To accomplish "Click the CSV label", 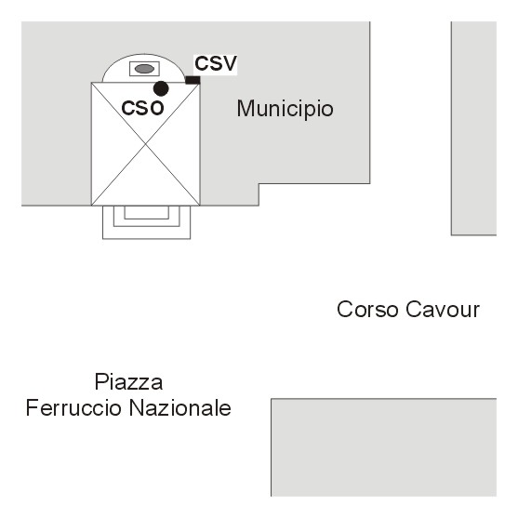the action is pyautogui.click(x=216, y=63).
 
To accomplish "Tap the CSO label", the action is pyautogui.click(x=142, y=108).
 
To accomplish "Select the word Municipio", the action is pyautogui.click(x=286, y=109).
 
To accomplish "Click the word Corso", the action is pyautogui.click(x=367, y=310).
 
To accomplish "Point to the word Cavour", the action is pyautogui.click(x=443, y=310).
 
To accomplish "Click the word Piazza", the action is pyautogui.click(x=128, y=382).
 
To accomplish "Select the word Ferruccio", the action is pyautogui.click(x=73, y=408).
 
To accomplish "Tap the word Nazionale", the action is pyautogui.click(x=180, y=408).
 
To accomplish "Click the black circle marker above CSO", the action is pyautogui.click(x=161, y=88).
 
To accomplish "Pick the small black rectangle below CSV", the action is pyautogui.click(x=193, y=80).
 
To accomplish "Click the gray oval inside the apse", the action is pyautogui.click(x=144, y=69).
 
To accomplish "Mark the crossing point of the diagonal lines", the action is pyautogui.click(x=146, y=144).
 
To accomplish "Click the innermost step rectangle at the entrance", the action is pyautogui.click(x=147, y=212).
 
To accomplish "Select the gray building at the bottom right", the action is pyautogui.click(x=383, y=447).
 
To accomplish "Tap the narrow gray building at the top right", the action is pyautogui.click(x=473, y=128).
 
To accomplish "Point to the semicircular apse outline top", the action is pyautogui.click(x=143, y=54).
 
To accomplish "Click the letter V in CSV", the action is pyautogui.click(x=230, y=63).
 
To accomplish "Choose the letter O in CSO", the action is pyautogui.click(x=156, y=109).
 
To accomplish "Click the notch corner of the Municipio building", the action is pyautogui.click(x=259, y=184).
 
